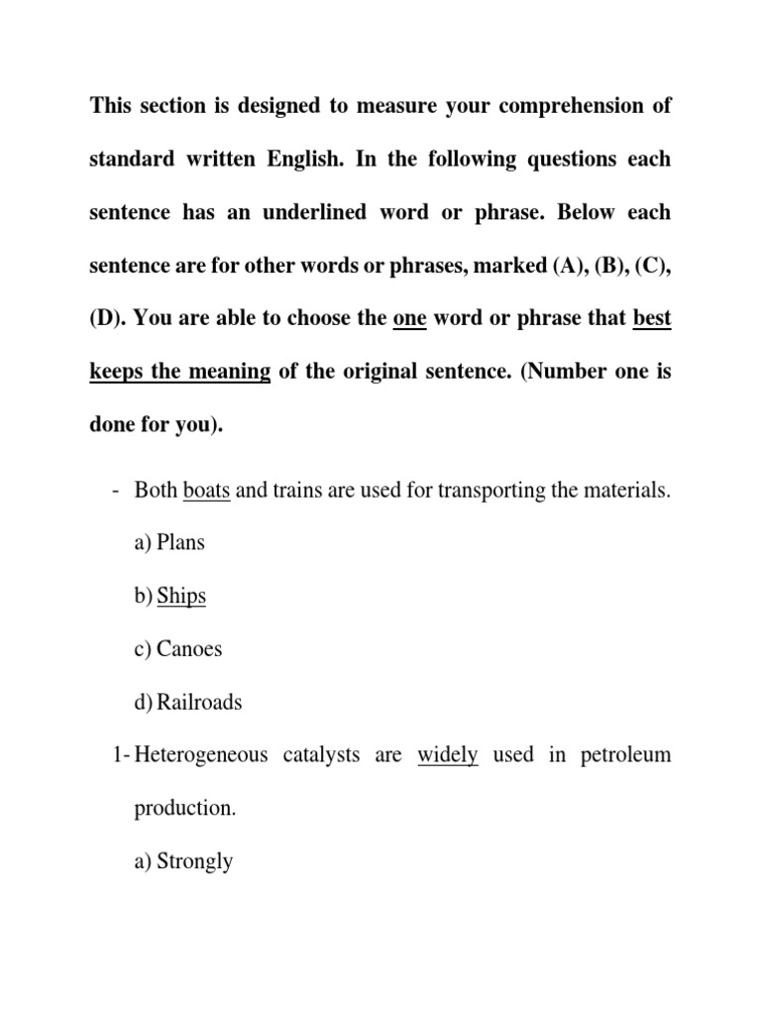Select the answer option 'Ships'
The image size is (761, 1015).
(x=181, y=597)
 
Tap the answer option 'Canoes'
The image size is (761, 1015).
(x=189, y=649)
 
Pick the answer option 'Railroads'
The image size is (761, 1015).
(x=199, y=703)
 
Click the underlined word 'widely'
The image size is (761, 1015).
(x=448, y=755)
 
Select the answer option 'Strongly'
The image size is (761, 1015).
(x=194, y=861)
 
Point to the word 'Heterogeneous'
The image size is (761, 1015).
(x=200, y=755)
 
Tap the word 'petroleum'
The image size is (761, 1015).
(x=622, y=755)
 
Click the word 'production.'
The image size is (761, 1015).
(x=185, y=809)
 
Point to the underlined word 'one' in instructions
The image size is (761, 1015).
(x=409, y=318)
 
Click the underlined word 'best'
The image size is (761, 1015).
(x=651, y=318)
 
